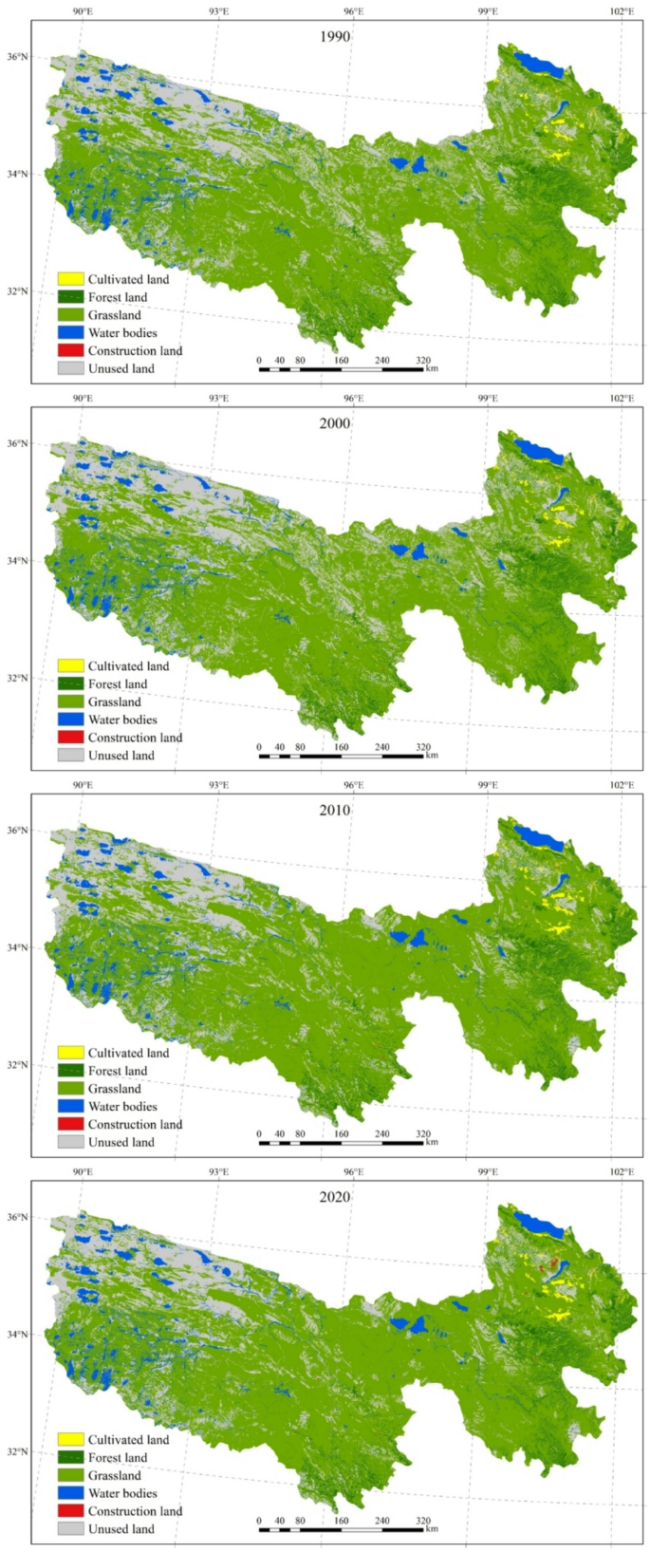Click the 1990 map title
point(334,37)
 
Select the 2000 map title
point(334,423)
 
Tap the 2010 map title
point(334,810)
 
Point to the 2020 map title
point(334,1197)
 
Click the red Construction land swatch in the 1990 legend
point(71,351)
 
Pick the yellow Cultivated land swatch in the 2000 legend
point(71,666)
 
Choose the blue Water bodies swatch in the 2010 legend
point(71,1107)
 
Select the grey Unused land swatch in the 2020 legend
point(71,1529)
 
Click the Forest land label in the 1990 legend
point(118,297)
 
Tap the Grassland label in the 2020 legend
point(114,1476)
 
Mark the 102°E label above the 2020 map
point(622,1172)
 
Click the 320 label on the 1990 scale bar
point(422,361)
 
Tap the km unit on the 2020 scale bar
point(432,1529)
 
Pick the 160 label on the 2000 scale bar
point(341,747)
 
